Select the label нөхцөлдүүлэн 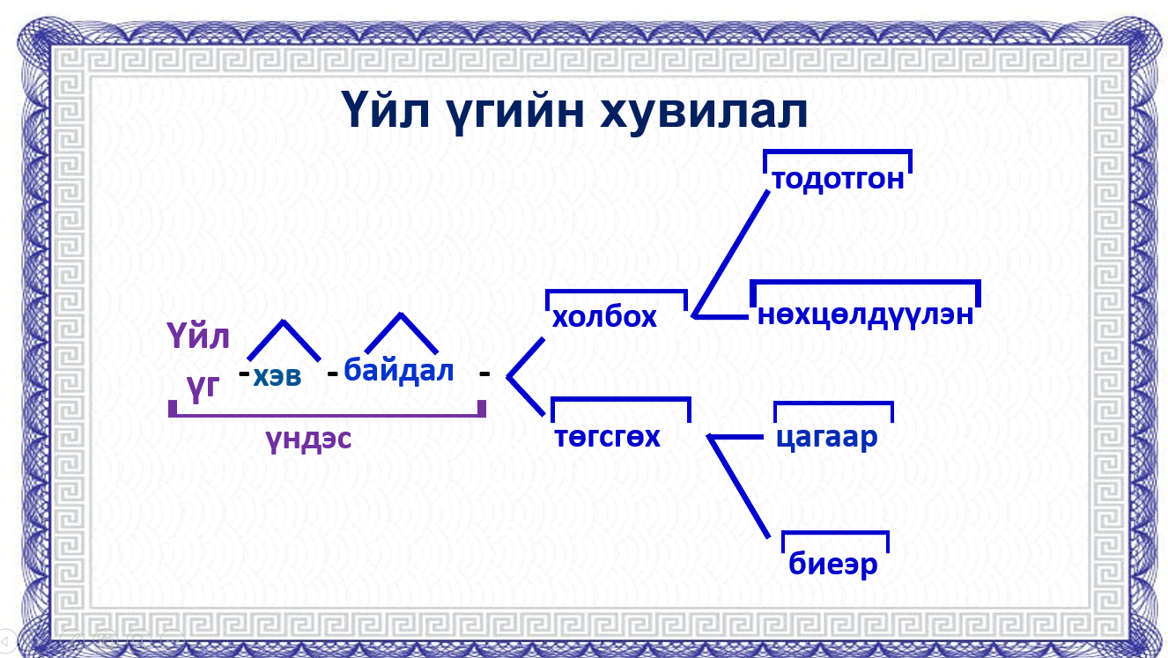tap(865, 314)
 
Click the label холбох tap(604, 317)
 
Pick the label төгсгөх tap(607, 436)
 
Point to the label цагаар tap(827, 437)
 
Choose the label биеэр tap(833, 565)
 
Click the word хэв tap(277, 377)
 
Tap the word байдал tap(399, 370)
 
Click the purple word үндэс tap(307, 439)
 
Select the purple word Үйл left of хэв tap(198, 336)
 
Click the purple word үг tap(203, 386)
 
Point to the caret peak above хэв tap(282, 322)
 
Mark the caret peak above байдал tap(401, 314)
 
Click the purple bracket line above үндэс tap(326, 412)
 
